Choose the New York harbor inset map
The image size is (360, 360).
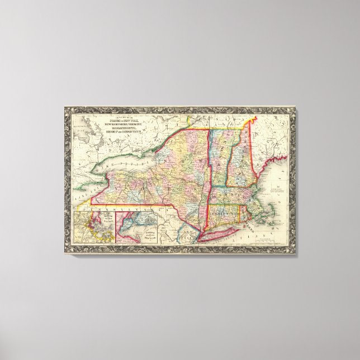point(145,227)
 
